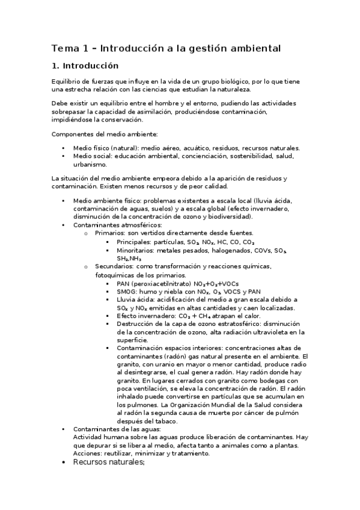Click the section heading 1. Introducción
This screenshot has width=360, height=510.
click(85, 66)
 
